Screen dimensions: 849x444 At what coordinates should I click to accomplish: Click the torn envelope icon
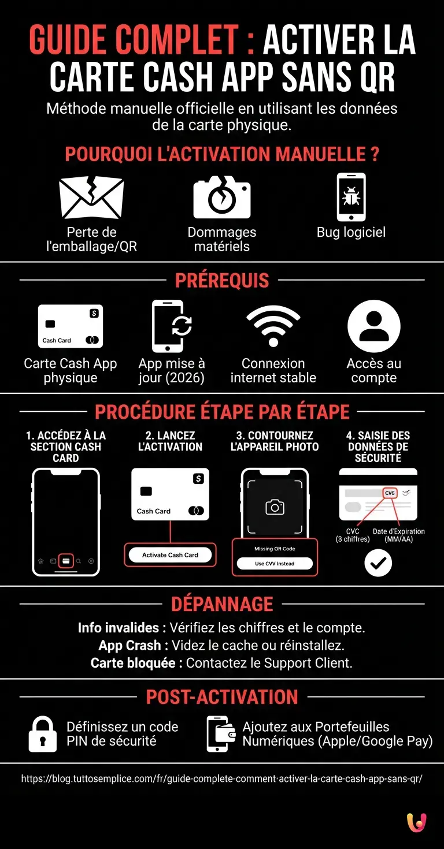tap(91, 198)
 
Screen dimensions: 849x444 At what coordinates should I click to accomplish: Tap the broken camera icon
tap(222, 198)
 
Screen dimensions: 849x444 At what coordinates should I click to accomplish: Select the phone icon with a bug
tap(351, 197)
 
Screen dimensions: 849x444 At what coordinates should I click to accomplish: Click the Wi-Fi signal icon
tap(273, 326)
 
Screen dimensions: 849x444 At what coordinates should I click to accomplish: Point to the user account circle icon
tap(374, 326)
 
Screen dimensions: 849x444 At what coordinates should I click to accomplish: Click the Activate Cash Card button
tap(170, 555)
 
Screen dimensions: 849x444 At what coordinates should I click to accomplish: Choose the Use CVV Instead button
tap(275, 564)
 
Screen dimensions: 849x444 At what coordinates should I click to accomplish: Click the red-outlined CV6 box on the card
tap(390, 493)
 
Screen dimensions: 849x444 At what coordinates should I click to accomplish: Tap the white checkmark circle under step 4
tap(378, 563)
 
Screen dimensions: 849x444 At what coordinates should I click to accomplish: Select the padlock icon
tap(43, 734)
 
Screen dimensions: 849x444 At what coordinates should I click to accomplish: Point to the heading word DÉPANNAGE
tap(222, 604)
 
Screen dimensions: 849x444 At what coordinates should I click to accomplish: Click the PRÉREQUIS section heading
tap(222, 281)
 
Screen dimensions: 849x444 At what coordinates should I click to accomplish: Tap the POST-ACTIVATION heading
tap(222, 697)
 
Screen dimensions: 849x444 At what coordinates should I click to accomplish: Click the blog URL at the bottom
tap(222, 779)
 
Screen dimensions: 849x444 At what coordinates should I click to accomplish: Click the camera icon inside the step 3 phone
tap(275, 507)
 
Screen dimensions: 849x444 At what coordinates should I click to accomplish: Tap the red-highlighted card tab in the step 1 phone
tap(66, 560)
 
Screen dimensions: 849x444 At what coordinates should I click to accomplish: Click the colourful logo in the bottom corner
tap(416, 822)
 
